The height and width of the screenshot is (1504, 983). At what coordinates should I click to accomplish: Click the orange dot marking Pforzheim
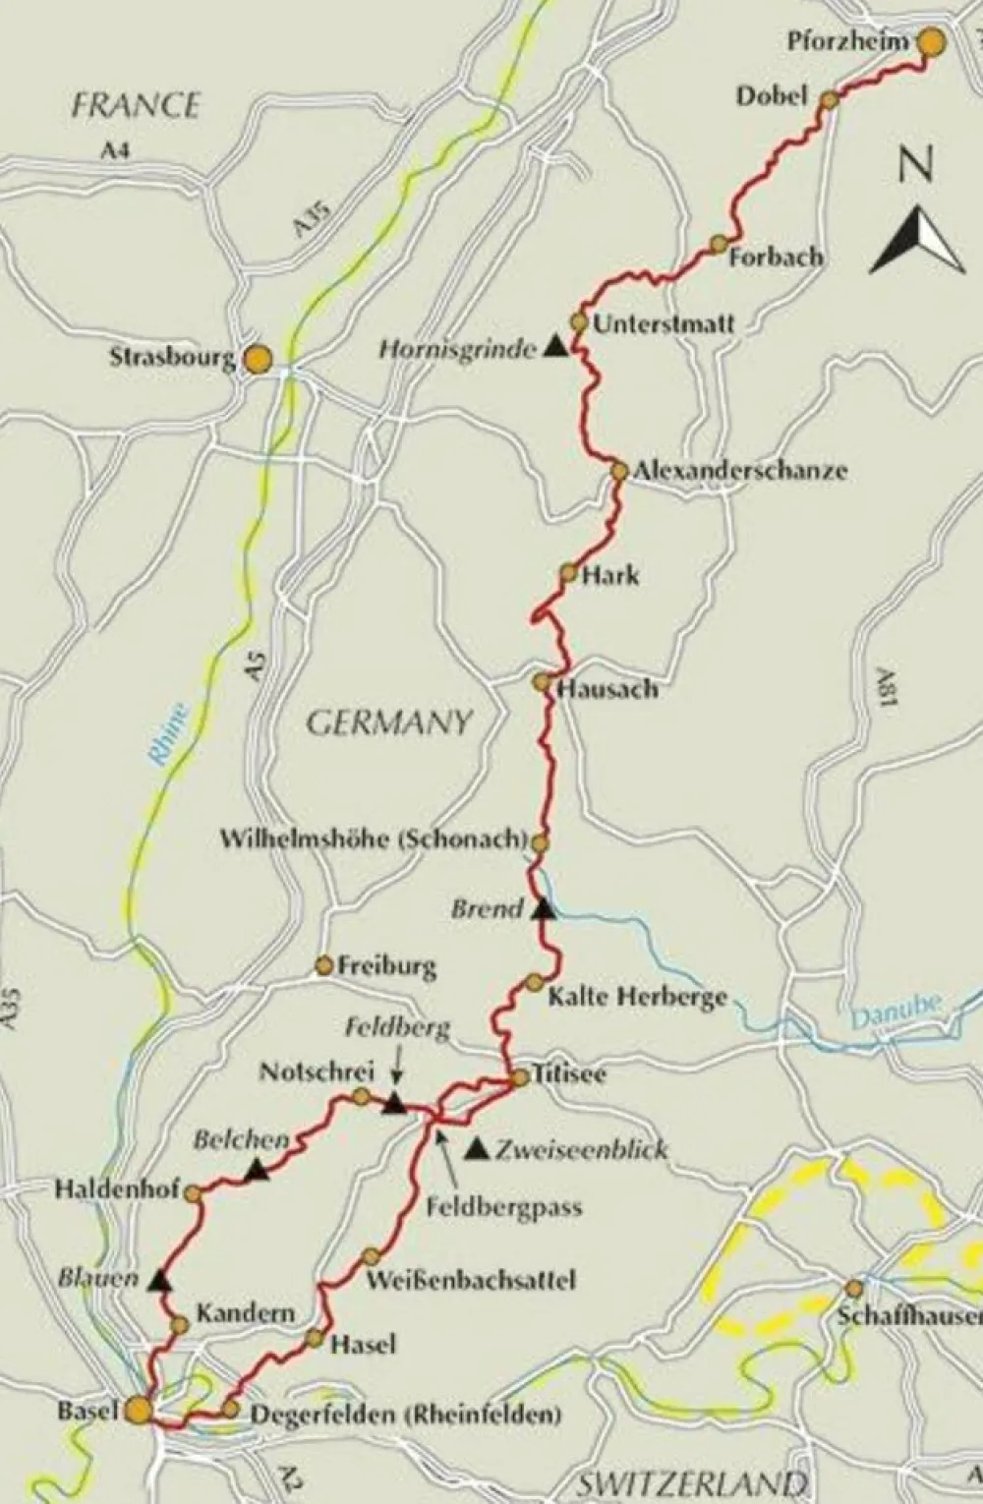931,41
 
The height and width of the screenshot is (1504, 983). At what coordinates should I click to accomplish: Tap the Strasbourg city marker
258,359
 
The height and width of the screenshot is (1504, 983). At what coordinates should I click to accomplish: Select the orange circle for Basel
139,1411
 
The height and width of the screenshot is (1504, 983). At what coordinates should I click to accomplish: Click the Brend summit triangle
543,910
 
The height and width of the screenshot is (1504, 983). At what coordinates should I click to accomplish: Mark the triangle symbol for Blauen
159,1280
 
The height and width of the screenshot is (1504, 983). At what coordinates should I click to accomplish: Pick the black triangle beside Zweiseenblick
478,1147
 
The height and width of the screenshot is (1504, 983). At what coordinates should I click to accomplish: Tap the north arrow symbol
917,241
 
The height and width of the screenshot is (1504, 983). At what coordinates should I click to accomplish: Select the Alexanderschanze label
739,470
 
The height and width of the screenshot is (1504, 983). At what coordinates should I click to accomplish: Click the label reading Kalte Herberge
637,997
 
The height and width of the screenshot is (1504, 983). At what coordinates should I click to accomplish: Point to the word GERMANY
389,723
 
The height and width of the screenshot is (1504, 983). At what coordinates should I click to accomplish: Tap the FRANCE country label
136,105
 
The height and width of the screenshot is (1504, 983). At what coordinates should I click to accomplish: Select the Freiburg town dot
323,966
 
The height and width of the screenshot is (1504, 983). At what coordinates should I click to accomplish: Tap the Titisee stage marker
520,1078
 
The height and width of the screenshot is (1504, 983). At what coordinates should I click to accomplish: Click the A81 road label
887,692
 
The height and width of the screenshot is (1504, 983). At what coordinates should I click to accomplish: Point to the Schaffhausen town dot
854,1288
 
